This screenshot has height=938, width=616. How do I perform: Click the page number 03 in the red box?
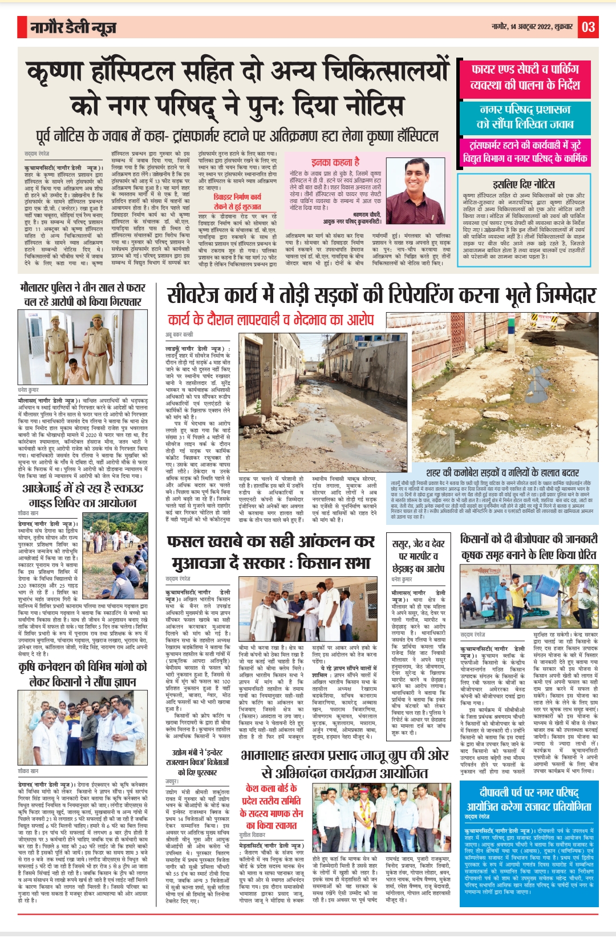(x=589, y=27)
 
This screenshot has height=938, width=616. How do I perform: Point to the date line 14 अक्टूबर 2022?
(x=525, y=27)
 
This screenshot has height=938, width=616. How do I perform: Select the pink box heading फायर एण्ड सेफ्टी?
(x=525, y=77)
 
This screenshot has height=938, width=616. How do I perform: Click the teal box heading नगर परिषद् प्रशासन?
(x=525, y=116)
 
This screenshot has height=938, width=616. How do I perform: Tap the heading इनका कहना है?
(x=335, y=162)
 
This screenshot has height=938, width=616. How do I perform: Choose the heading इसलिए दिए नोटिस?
(x=524, y=184)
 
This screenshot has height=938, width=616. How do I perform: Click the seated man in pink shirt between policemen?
(x=75, y=371)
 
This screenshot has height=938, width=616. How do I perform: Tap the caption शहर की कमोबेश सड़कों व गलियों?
(x=502, y=472)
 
